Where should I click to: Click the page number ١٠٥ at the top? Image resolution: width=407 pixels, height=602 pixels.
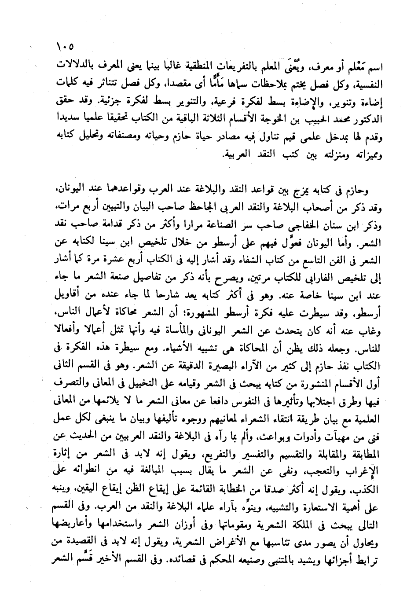click(65, 46)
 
